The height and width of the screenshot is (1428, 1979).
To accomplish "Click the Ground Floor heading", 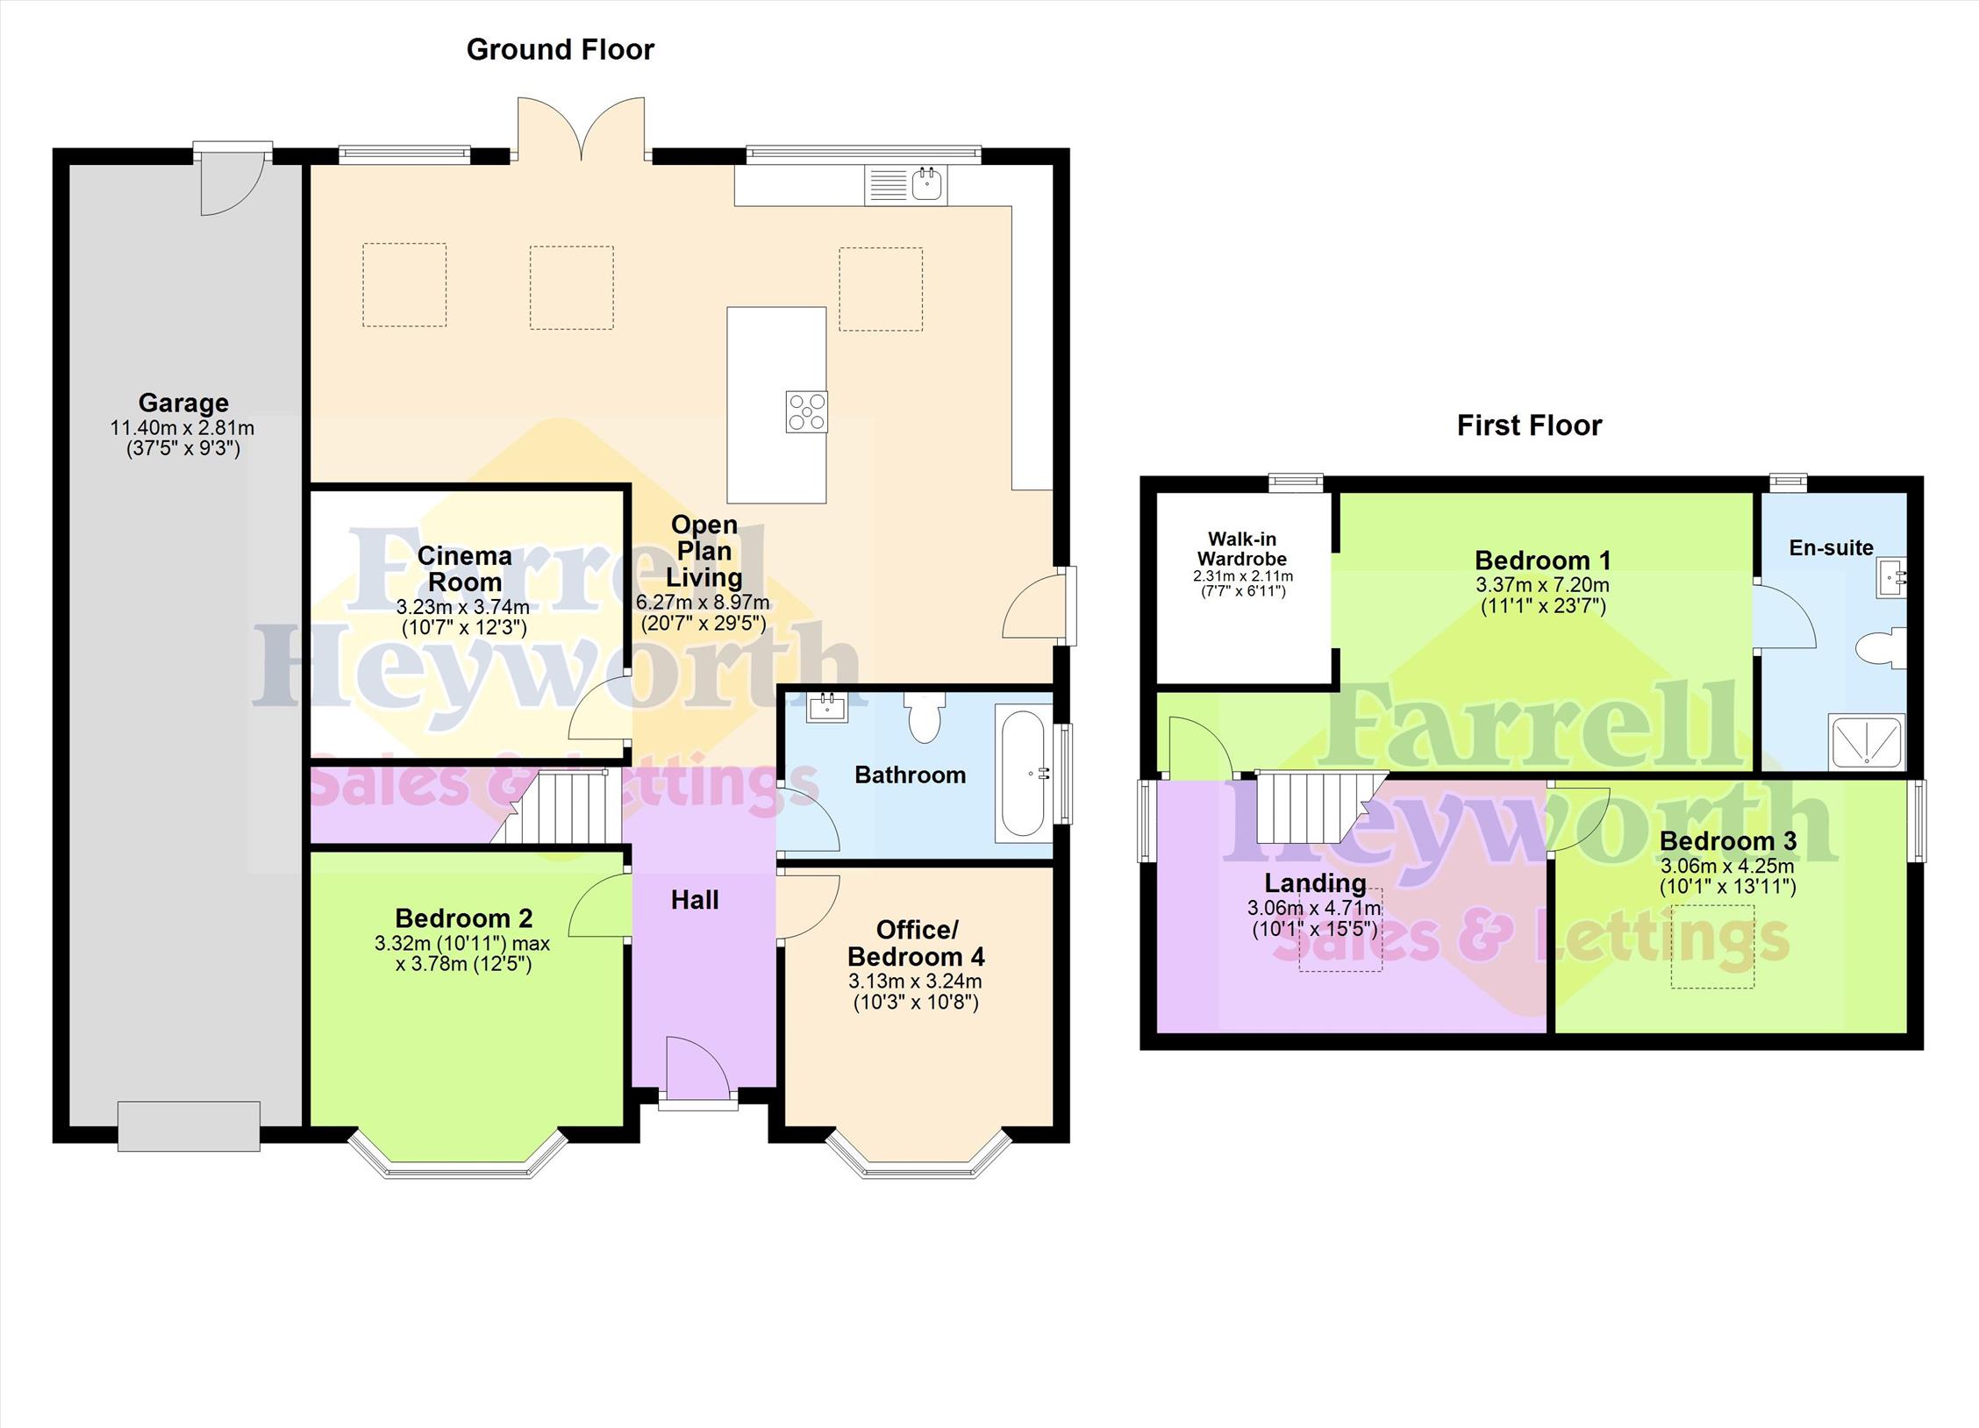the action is click(x=560, y=50).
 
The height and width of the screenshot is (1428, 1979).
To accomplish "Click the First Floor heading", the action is click(x=1529, y=425).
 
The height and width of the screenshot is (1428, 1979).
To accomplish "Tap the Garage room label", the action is click(x=183, y=403).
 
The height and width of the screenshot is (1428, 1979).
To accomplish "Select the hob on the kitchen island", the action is click(x=806, y=411).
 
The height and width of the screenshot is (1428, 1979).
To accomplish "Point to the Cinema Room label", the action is click(x=464, y=568).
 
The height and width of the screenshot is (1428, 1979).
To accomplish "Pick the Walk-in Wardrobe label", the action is click(x=1242, y=549).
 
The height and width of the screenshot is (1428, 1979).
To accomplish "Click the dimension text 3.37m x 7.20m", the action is click(x=1542, y=585).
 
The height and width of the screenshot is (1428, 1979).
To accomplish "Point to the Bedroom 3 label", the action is click(x=1727, y=841).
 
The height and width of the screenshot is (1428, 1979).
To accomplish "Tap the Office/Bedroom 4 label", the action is click(x=916, y=942).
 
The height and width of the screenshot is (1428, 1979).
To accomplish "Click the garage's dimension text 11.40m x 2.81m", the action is click(x=182, y=428).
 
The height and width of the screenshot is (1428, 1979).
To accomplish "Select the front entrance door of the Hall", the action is click(x=697, y=1067).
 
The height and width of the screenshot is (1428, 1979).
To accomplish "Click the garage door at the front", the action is click(x=189, y=1126).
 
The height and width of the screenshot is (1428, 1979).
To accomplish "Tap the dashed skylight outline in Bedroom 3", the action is click(x=1712, y=946).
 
